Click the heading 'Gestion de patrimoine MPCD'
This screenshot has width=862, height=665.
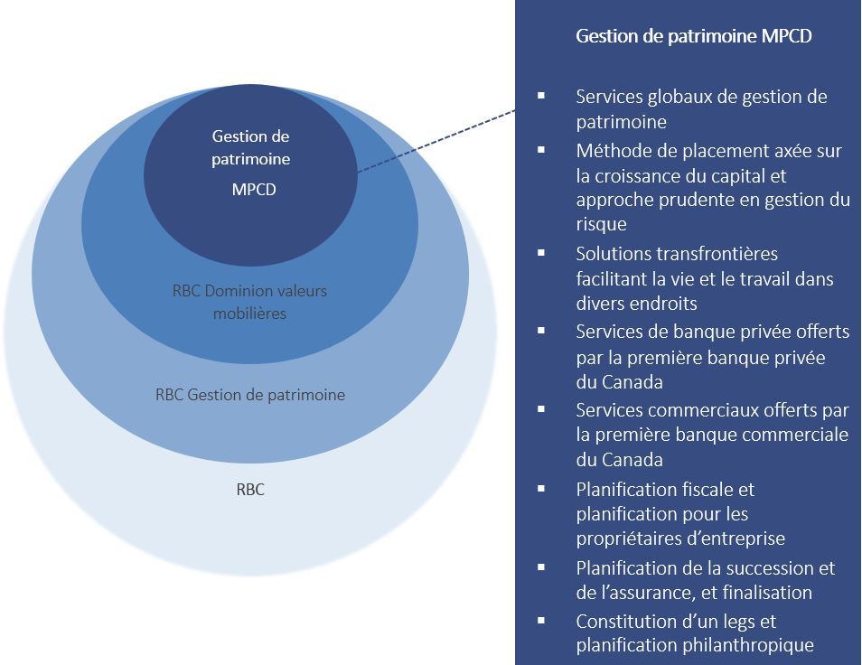point(694,37)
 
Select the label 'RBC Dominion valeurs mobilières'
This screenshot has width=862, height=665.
point(249,302)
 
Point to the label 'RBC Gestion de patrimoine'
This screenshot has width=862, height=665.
point(250,395)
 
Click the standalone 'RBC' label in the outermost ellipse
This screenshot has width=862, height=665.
point(249,490)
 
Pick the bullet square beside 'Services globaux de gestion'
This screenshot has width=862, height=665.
point(541,95)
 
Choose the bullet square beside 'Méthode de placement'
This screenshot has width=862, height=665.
point(541,149)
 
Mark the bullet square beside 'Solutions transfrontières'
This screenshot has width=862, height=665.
point(541,252)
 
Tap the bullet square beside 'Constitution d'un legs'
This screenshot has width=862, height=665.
point(541,620)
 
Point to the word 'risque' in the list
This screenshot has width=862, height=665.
point(601,223)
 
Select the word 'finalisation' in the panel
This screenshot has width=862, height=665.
point(766,593)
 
